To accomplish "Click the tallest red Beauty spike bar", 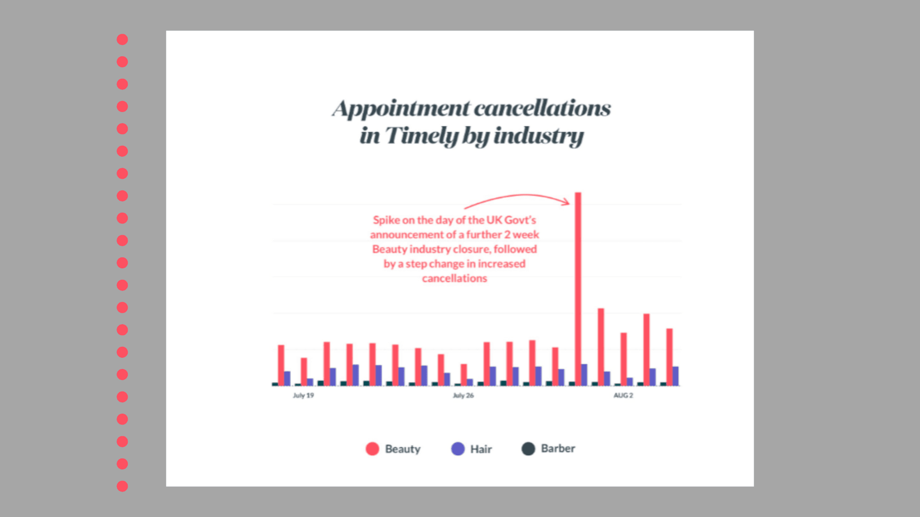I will [578, 287].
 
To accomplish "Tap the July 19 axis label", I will [303, 395].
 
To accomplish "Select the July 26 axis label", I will [463, 395].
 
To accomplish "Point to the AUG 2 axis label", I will [623, 395].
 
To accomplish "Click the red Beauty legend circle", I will [373, 448].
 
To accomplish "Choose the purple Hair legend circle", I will [458, 448].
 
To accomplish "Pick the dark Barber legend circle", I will [528, 448].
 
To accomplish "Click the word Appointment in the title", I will [400, 109].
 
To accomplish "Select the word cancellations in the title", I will [542, 109].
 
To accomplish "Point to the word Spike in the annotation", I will [386, 220].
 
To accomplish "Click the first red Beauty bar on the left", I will [281, 365].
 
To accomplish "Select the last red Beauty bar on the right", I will [669, 357].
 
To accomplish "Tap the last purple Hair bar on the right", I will [676, 376].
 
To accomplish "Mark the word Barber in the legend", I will [558, 448].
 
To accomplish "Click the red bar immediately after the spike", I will [600, 347].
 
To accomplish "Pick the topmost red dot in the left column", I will [122, 39].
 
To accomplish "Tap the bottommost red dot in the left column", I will [122, 486].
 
